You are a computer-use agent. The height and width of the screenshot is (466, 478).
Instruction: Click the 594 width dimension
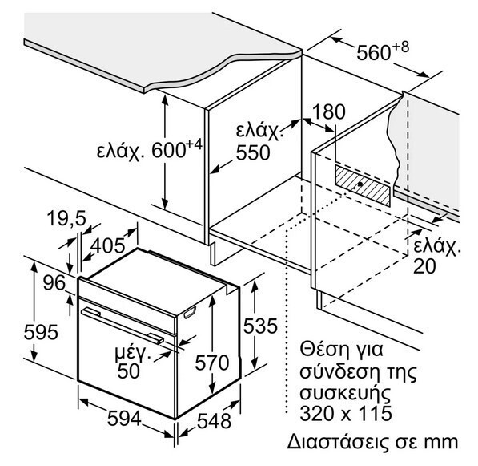tap(124, 419)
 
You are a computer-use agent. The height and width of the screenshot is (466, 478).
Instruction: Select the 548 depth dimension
tap(215, 421)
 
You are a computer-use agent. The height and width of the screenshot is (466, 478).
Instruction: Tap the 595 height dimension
tap(41, 332)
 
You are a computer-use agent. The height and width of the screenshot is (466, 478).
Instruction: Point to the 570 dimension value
tap(212, 363)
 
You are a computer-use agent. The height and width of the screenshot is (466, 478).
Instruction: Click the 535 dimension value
tap(260, 326)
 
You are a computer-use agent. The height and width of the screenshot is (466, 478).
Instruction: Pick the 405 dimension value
tap(108, 245)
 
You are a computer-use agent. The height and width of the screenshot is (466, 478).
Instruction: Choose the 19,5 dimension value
tap(67, 218)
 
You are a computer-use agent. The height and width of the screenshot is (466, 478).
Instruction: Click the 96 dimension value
tap(54, 282)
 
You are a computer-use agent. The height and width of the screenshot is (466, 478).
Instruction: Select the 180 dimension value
tap(329, 111)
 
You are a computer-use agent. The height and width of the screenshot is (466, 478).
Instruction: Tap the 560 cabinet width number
tap(373, 52)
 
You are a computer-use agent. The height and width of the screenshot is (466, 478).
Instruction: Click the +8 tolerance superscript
tap(400, 47)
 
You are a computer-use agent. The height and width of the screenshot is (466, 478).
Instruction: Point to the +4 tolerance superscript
tap(194, 144)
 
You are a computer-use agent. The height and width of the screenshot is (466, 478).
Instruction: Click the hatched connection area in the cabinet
tap(363, 185)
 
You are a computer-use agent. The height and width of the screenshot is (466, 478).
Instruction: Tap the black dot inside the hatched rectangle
tap(360, 184)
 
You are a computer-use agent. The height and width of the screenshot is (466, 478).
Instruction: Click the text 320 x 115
tap(346, 414)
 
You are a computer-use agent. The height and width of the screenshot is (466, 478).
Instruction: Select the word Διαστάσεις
tap(339, 442)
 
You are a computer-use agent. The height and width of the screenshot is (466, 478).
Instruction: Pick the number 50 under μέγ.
tap(128, 371)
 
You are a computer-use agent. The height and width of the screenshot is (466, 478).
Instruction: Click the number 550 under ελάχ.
tap(253, 152)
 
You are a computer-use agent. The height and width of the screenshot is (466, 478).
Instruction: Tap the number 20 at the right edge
tap(424, 266)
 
